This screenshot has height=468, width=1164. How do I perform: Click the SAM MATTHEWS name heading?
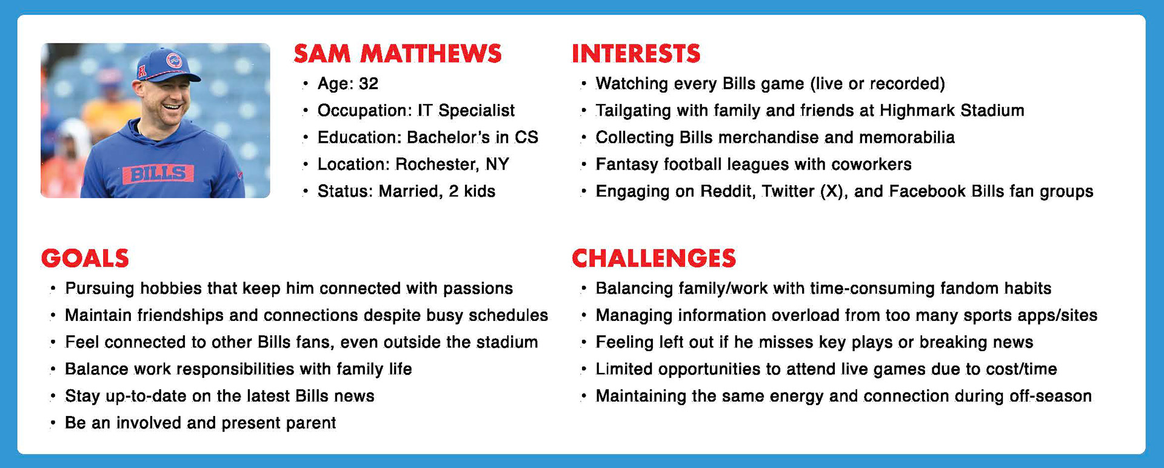398,54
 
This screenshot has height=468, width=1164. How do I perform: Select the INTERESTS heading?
636,54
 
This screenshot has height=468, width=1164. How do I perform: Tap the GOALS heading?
85,259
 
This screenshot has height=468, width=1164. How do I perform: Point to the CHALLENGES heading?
654,259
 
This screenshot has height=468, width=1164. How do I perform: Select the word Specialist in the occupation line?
477,111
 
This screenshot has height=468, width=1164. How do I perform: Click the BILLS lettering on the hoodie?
158,174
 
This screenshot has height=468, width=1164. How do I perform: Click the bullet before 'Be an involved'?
53,423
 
